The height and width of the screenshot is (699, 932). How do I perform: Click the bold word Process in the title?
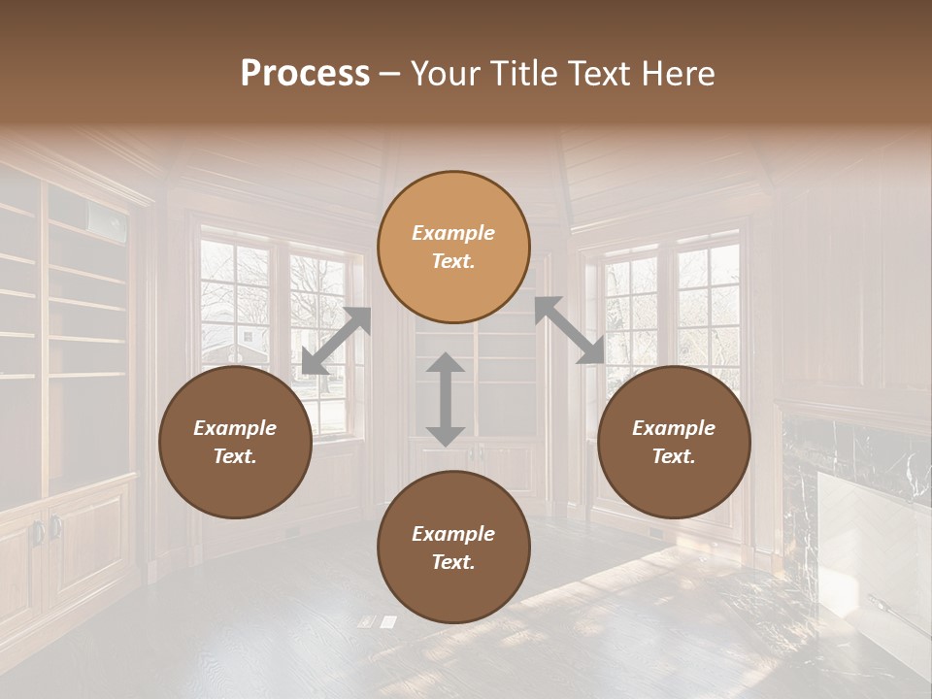[x=305, y=74]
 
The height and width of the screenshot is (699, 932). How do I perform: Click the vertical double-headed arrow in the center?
[x=446, y=399]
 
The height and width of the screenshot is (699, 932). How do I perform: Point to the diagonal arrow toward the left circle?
[x=336, y=341]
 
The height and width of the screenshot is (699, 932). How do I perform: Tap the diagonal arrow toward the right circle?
[x=570, y=330]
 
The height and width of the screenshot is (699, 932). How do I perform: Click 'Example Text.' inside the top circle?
[x=453, y=247]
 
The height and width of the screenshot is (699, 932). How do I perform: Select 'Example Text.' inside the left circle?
[x=235, y=442]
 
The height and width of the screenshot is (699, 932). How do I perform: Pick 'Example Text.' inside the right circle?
[x=674, y=442]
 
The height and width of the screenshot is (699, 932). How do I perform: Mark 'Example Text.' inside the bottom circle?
[x=453, y=548]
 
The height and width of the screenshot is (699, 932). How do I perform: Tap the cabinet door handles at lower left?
[x=45, y=530]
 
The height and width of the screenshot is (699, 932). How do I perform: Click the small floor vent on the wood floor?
[x=378, y=621]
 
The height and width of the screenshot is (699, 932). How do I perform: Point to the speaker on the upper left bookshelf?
[x=109, y=221]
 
